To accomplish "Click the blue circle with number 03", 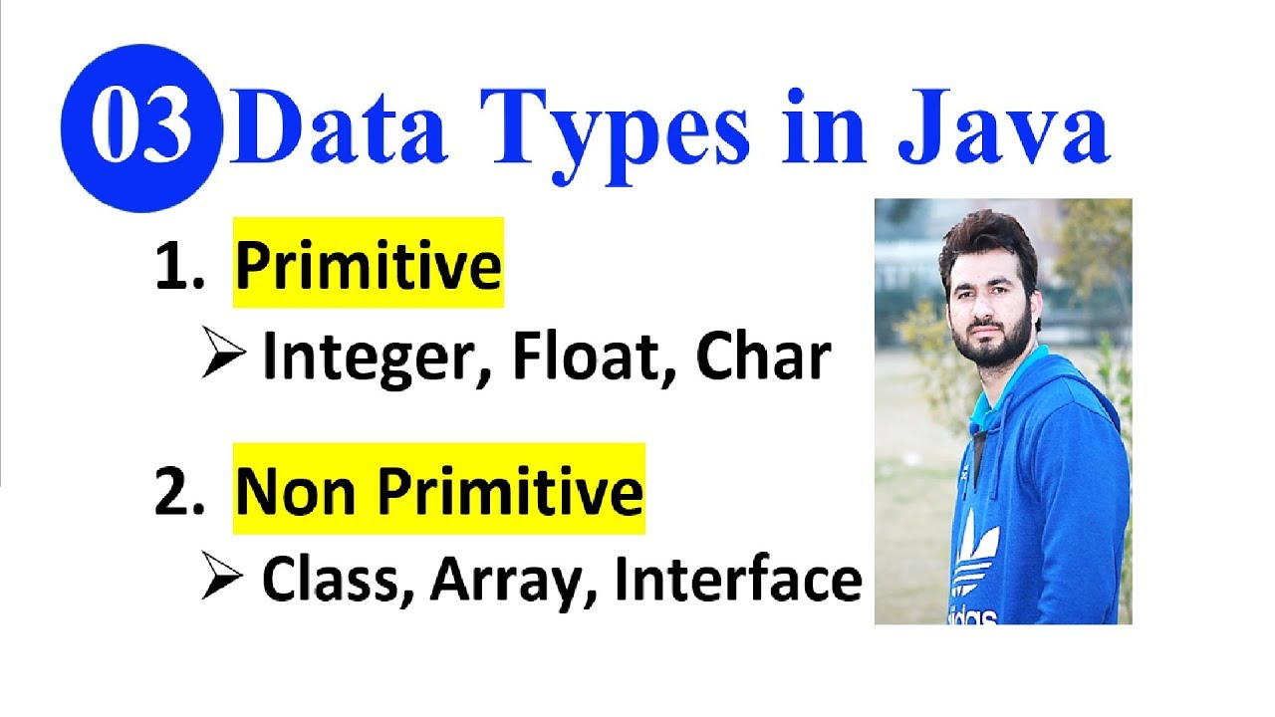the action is (140, 128).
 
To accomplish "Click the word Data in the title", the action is (338, 126).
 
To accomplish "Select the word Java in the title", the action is (1003, 126).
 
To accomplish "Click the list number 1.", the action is (178, 266).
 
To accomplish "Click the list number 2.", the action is (178, 492).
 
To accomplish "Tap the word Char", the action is (763, 355).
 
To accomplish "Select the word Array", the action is (513, 582).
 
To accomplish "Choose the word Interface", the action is (739, 578).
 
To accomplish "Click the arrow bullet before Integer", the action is (223, 353).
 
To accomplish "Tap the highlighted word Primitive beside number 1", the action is (369, 266).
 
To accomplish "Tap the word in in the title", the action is (824, 126).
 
